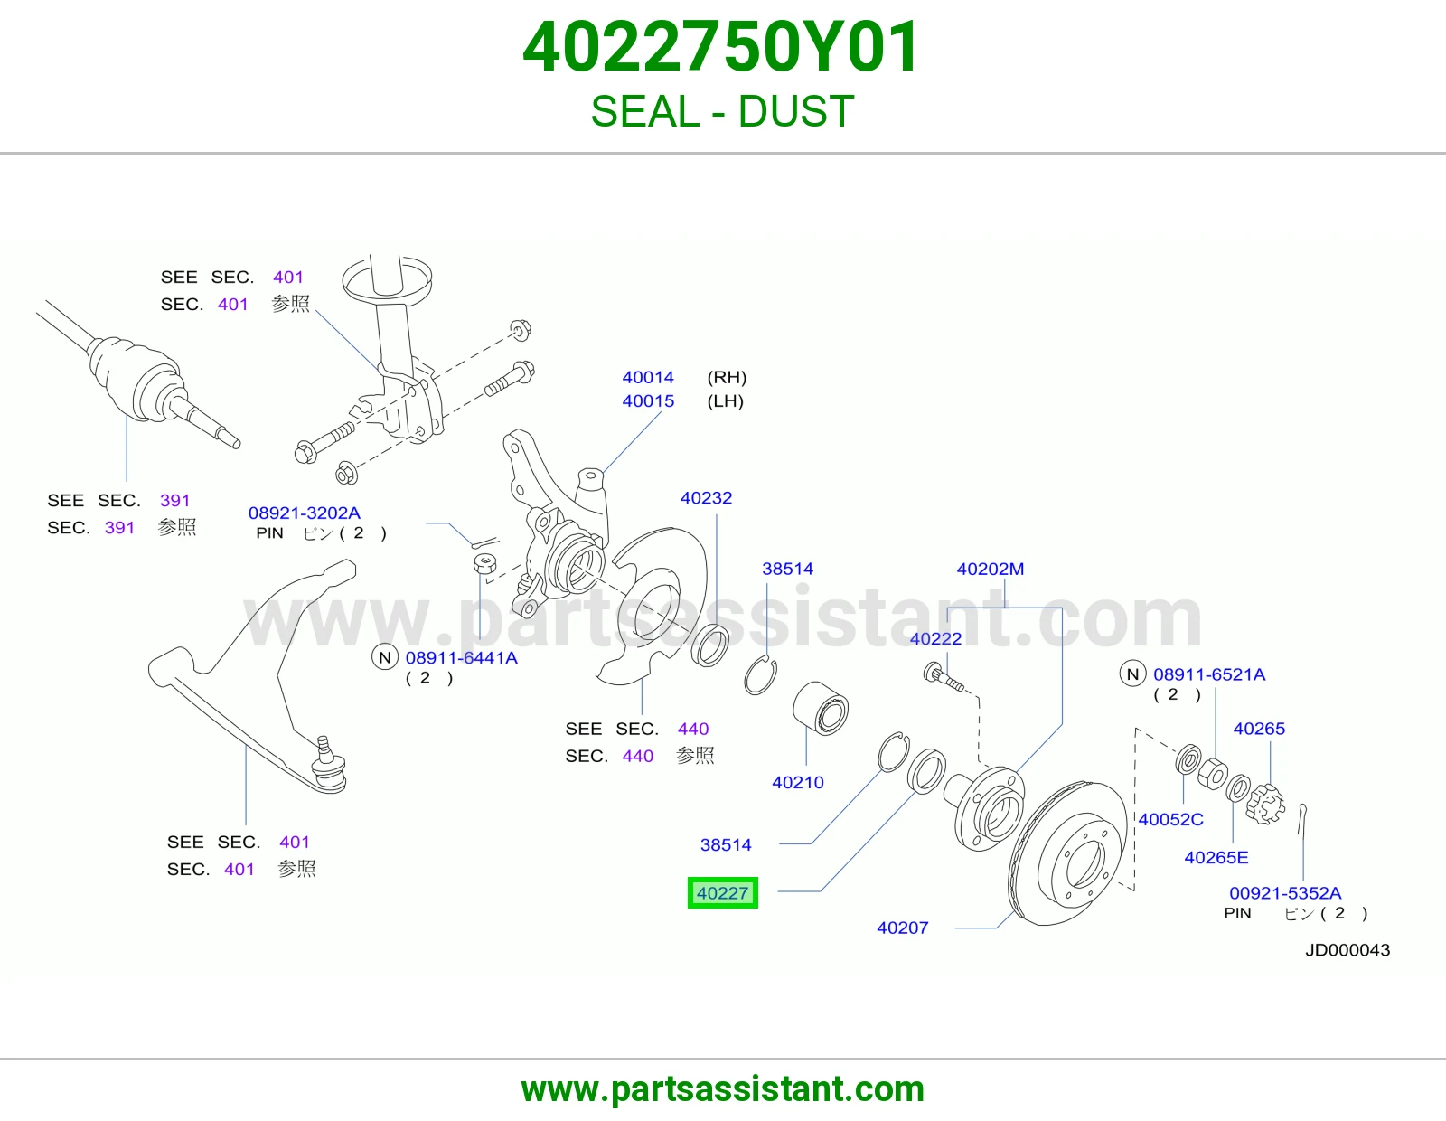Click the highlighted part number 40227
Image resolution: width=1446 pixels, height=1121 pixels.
[x=723, y=892]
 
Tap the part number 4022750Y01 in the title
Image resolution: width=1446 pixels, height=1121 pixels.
[x=721, y=47]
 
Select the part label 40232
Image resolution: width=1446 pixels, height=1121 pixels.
[x=706, y=498]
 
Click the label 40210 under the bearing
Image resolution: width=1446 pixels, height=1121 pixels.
[x=798, y=782]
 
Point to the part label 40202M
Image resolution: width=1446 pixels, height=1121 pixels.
[x=991, y=570]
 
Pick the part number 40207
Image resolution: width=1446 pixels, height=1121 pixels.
[x=902, y=928]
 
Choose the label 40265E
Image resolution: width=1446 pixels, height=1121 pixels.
[x=1216, y=857]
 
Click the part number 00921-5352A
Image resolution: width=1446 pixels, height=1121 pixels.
[x=1285, y=893]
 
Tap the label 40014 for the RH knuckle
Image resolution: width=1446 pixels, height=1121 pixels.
[x=648, y=378]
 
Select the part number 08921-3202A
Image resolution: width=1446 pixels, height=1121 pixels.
[x=304, y=513]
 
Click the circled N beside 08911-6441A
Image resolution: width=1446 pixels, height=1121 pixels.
[x=385, y=658]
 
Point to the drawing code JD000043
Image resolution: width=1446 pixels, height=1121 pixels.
[x=1347, y=950]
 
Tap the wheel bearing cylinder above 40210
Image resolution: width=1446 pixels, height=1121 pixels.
[x=821, y=708]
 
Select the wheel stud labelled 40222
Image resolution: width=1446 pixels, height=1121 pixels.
[x=944, y=678]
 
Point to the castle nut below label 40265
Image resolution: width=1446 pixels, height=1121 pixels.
[x=1265, y=805]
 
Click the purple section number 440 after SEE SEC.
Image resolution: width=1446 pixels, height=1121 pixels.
[x=692, y=729]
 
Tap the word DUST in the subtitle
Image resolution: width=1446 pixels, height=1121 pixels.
[x=796, y=111]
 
